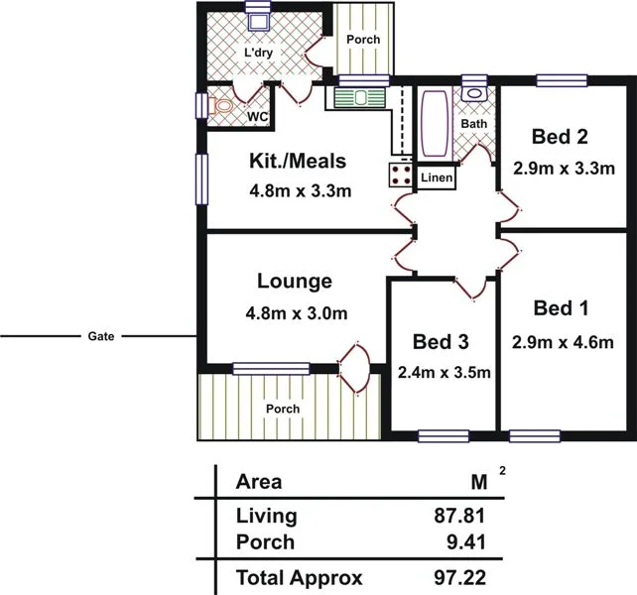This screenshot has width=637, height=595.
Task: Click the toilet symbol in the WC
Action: pyautogui.click(x=223, y=105)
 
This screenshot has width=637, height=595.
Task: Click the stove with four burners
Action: pyautogui.click(x=402, y=176)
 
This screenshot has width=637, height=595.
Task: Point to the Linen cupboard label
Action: pyautogui.click(x=437, y=178)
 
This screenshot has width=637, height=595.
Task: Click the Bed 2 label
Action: pyautogui.click(x=554, y=137)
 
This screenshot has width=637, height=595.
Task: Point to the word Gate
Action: pyautogui.click(x=95, y=337)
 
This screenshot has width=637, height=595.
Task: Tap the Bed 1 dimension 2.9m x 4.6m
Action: pyautogui.click(x=563, y=343)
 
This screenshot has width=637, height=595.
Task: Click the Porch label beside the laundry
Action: pyautogui.click(x=362, y=40)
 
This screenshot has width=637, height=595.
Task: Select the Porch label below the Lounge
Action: pyautogui.click(x=282, y=409)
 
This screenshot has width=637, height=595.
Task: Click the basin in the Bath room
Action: pyautogui.click(x=474, y=94)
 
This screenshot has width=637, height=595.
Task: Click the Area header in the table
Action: pyautogui.click(x=259, y=483)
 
